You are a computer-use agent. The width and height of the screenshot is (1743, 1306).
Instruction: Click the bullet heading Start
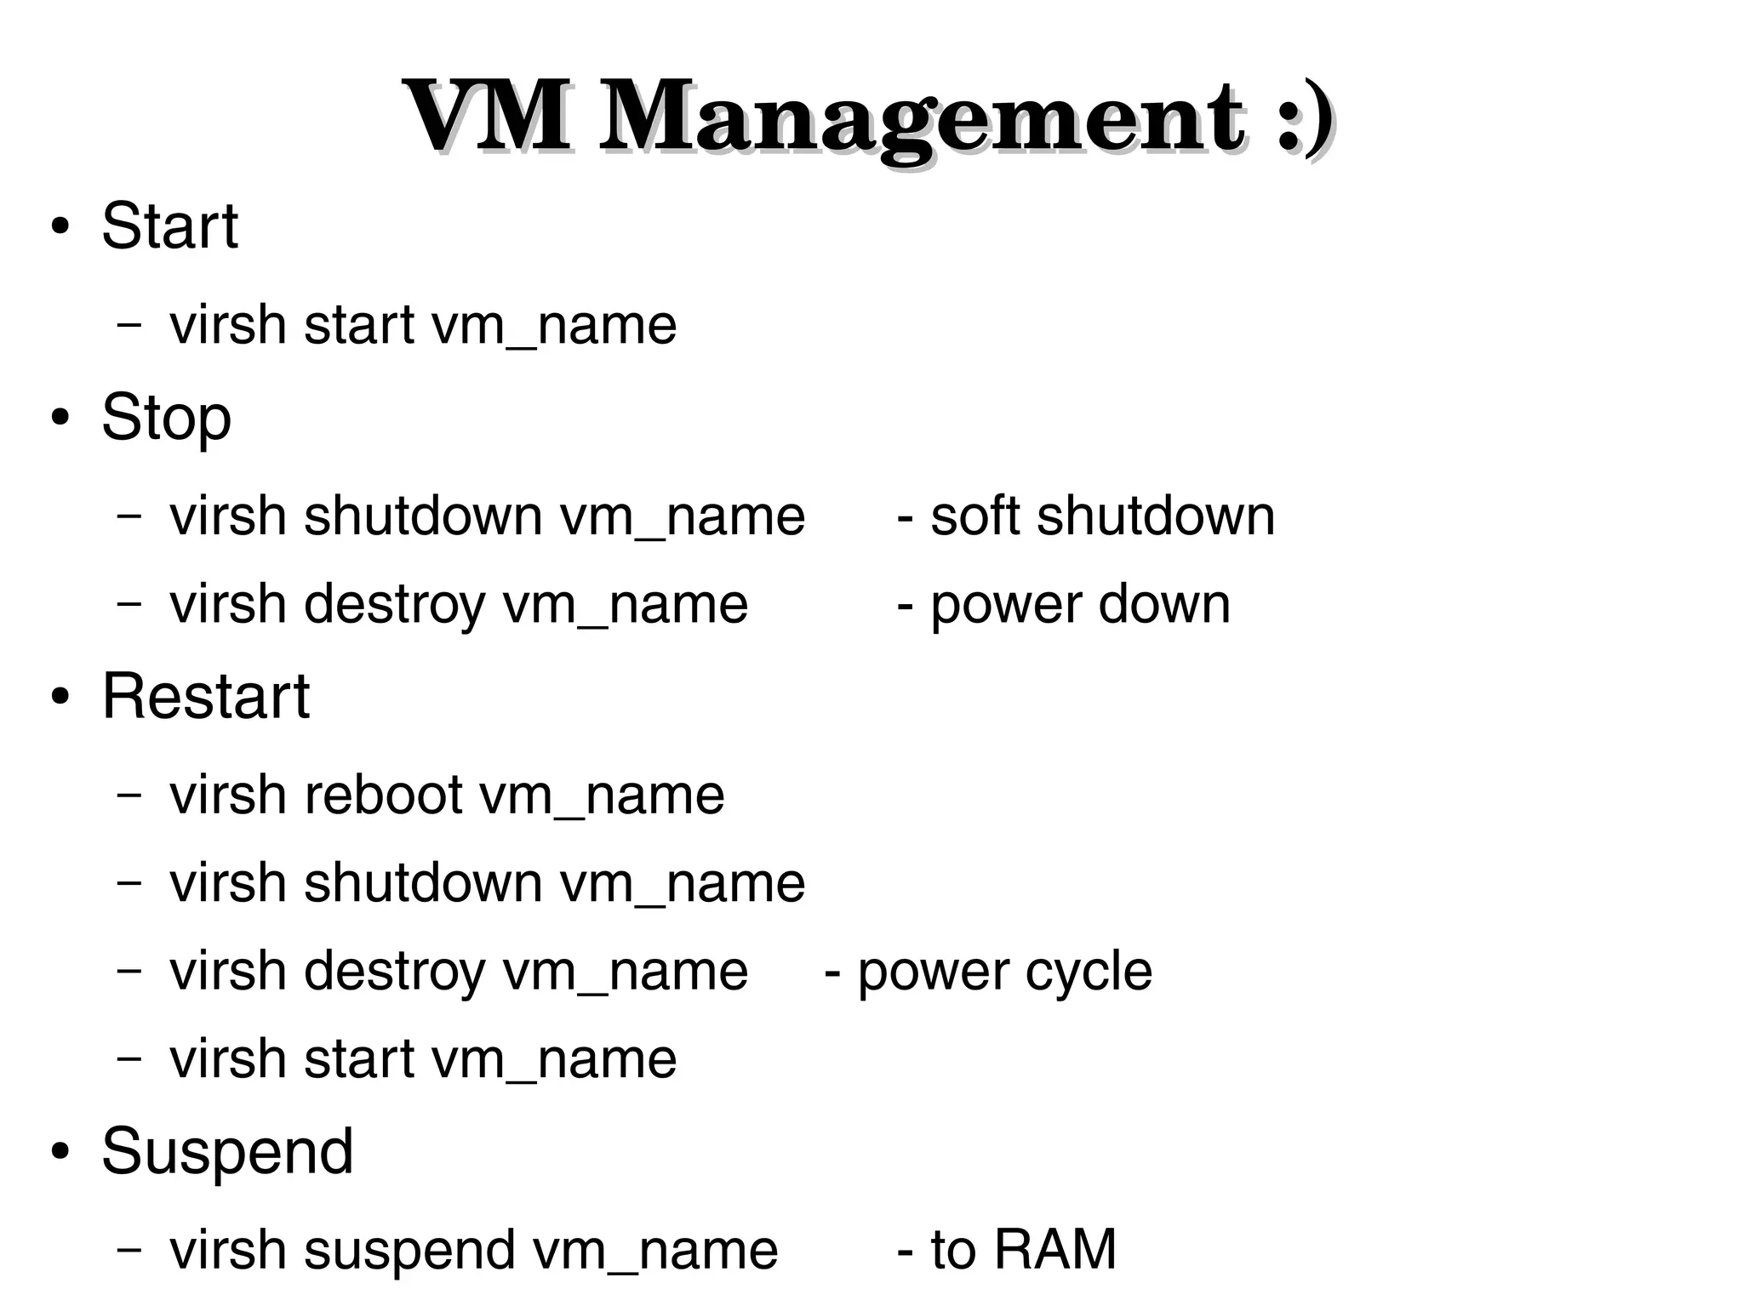point(169,226)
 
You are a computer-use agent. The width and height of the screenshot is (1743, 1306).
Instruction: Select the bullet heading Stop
point(166,419)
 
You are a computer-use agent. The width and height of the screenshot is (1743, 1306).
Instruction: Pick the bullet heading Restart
point(205,696)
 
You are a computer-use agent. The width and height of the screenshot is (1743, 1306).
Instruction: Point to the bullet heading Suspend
point(226,1151)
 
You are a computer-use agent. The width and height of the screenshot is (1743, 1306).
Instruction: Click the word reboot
point(382,796)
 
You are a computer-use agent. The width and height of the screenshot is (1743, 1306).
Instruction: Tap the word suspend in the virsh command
point(409,1251)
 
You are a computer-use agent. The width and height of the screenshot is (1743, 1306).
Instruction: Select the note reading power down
point(1064,605)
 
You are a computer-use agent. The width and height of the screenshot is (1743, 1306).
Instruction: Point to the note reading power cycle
point(988,972)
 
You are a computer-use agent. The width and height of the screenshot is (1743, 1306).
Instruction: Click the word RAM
point(1054,1250)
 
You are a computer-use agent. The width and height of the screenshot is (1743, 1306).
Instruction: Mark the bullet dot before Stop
point(59,419)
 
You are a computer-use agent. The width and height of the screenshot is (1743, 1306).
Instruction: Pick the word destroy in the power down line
point(394,605)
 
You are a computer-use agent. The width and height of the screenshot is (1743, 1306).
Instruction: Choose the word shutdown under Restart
point(423,883)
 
